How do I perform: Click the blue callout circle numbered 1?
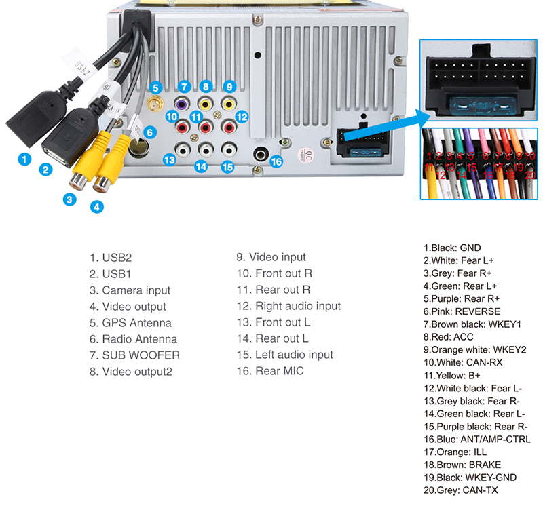coord(24,160)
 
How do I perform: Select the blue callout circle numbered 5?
coord(155,87)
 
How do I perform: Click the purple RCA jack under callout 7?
coord(182,105)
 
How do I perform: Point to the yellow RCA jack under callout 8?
coord(205,105)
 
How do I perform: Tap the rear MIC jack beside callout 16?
coord(259,155)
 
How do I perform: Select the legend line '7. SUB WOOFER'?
coord(134,355)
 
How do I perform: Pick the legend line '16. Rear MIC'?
coord(270,371)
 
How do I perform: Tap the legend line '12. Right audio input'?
coord(288,306)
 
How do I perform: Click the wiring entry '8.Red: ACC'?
coord(448,337)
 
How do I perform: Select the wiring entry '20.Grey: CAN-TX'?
coord(460,490)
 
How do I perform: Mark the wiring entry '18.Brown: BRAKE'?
coord(462,465)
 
